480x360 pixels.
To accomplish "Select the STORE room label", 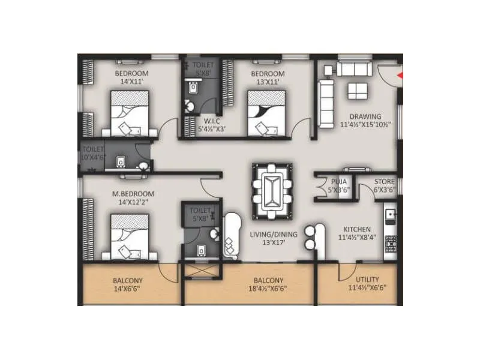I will tap(385, 181).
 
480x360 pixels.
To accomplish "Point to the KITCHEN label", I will tap(356, 229).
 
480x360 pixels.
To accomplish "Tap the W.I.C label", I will tap(212, 119).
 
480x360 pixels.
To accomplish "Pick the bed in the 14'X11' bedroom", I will tap(133, 114).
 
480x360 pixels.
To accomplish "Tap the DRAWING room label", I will tap(365, 116).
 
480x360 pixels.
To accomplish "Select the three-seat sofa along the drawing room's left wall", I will tap(325, 103).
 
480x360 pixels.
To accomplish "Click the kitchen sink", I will tap(390, 214).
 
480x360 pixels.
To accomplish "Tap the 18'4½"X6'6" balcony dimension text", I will tap(268, 289).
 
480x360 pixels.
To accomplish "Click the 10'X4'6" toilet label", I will tap(94, 157).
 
